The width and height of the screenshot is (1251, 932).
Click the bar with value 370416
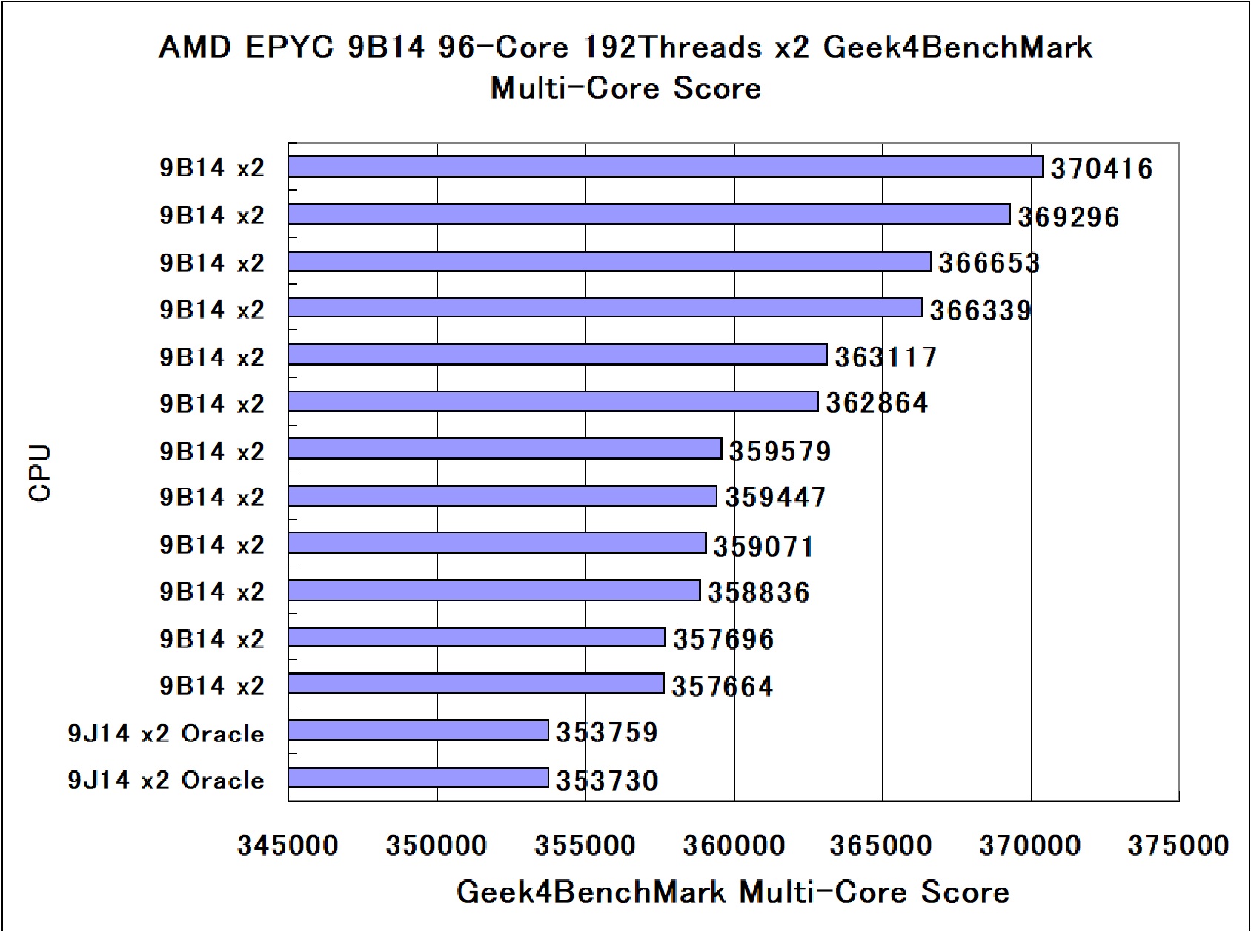(x=666, y=167)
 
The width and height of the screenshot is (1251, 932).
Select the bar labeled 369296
(x=648, y=214)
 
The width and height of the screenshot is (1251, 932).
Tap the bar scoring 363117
(x=557, y=355)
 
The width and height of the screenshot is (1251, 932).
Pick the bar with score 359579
(x=505, y=449)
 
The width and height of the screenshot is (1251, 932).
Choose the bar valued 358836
(x=494, y=591)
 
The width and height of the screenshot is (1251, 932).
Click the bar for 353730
(x=418, y=778)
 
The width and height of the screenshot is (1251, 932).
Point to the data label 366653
(x=989, y=263)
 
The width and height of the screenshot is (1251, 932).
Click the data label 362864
(x=877, y=403)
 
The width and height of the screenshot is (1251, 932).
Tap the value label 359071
(x=763, y=546)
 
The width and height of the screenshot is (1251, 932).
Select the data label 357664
(x=722, y=687)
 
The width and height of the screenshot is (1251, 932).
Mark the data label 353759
(x=607, y=733)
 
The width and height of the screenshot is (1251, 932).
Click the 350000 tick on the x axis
(x=437, y=845)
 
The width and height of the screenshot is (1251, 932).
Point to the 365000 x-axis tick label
(x=881, y=845)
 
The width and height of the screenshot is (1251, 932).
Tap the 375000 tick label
(x=1178, y=845)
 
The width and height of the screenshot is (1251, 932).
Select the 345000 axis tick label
(x=288, y=845)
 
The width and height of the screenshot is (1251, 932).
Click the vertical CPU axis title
(x=41, y=473)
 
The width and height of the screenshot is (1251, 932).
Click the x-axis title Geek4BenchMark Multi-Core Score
(x=732, y=892)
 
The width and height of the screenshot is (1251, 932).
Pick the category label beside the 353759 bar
(x=166, y=733)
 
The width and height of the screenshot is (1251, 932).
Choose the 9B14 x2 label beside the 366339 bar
(x=212, y=309)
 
